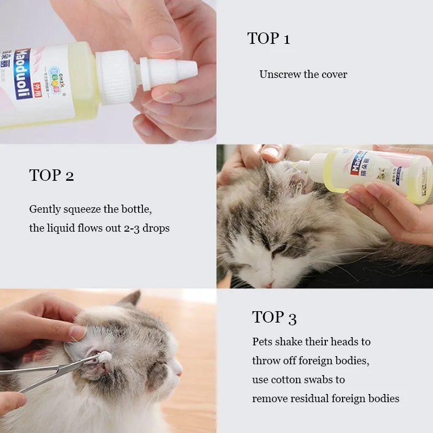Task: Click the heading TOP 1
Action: (x=268, y=38)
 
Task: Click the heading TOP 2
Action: (x=51, y=175)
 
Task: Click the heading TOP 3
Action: (x=274, y=317)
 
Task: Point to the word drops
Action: (x=156, y=228)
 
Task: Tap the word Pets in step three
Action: (x=262, y=342)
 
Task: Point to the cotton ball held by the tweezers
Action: (x=105, y=357)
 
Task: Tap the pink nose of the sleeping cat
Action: (x=268, y=284)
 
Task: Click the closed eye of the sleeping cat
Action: (x=279, y=249)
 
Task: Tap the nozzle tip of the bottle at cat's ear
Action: (x=296, y=166)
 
